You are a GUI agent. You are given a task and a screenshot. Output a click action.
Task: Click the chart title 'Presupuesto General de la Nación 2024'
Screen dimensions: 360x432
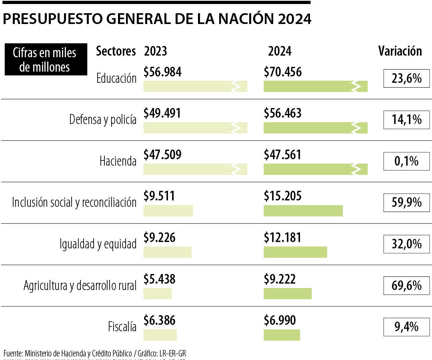(x=157, y=19)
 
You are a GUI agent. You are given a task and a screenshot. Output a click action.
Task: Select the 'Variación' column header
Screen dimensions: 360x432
(x=400, y=51)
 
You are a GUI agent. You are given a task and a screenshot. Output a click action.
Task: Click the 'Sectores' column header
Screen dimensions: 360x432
(x=116, y=51)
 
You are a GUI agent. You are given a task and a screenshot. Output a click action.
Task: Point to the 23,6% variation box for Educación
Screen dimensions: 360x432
(x=406, y=78)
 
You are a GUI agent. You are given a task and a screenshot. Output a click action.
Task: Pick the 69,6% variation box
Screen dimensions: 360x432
(x=406, y=286)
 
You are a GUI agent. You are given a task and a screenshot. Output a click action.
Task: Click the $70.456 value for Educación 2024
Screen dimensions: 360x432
(x=283, y=72)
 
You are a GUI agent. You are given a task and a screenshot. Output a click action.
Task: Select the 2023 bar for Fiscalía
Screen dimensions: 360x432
(x=160, y=335)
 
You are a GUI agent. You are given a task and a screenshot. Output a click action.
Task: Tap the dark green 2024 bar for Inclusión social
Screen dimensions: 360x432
(x=303, y=210)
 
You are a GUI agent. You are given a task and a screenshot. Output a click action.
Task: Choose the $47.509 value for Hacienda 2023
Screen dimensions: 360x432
(x=162, y=155)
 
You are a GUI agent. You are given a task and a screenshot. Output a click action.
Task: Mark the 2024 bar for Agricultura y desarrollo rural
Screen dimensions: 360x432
(x=287, y=293)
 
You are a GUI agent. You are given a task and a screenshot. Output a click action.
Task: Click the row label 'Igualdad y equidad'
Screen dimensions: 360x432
(x=98, y=244)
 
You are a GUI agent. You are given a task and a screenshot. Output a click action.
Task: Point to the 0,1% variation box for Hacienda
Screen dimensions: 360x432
(x=406, y=161)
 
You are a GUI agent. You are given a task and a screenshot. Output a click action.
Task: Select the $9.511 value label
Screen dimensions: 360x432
(x=159, y=196)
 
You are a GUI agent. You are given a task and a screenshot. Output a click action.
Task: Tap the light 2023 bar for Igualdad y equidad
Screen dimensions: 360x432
(x=167, y=252)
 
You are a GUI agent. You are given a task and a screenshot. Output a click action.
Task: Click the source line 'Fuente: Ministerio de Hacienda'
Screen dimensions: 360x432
(x=95, y=353)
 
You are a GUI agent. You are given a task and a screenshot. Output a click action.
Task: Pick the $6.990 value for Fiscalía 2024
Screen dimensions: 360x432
(x=280, y=320)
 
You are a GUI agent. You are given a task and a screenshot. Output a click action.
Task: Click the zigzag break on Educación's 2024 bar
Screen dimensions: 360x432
(x=355, y=86)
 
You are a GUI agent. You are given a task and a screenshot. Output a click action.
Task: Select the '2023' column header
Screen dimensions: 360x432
(x=156, y=51)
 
